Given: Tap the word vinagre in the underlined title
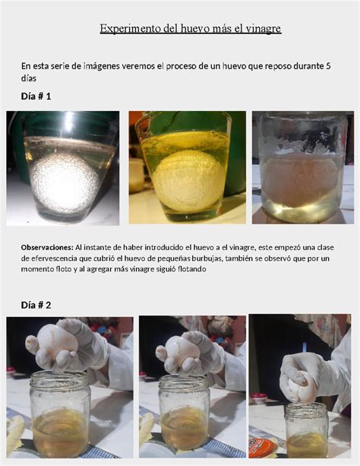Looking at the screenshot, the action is point(264,29).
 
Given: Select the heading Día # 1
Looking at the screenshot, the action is point(36,96).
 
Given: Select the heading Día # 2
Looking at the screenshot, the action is point(36,305).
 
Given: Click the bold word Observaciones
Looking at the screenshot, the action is point(47,247).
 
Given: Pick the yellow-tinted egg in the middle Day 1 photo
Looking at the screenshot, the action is point(188,180).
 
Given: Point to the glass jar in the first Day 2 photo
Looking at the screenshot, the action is point(60,413).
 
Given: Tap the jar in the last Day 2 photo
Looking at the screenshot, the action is point(307,430).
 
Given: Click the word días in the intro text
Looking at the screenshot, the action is point(29,78).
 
